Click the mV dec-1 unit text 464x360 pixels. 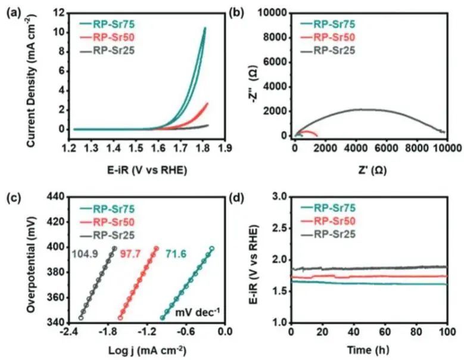pyautogui.click(x=199, y=310)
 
